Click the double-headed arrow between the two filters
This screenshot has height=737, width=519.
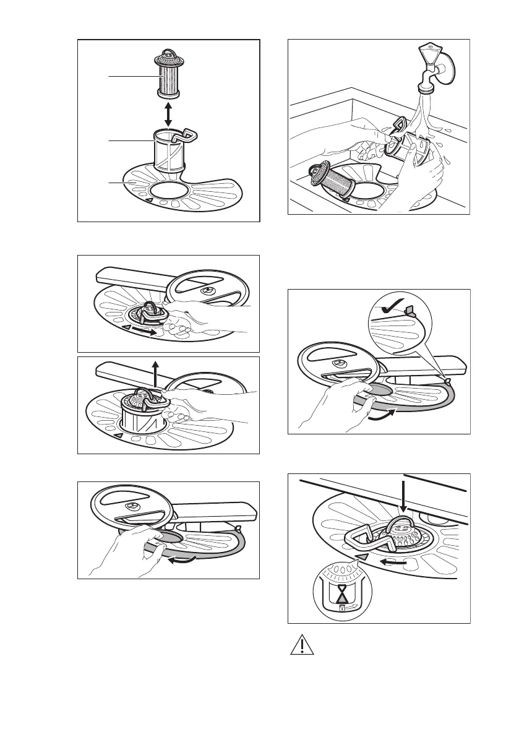(168, 114)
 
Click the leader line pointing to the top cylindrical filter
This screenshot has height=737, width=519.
(130, 75)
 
